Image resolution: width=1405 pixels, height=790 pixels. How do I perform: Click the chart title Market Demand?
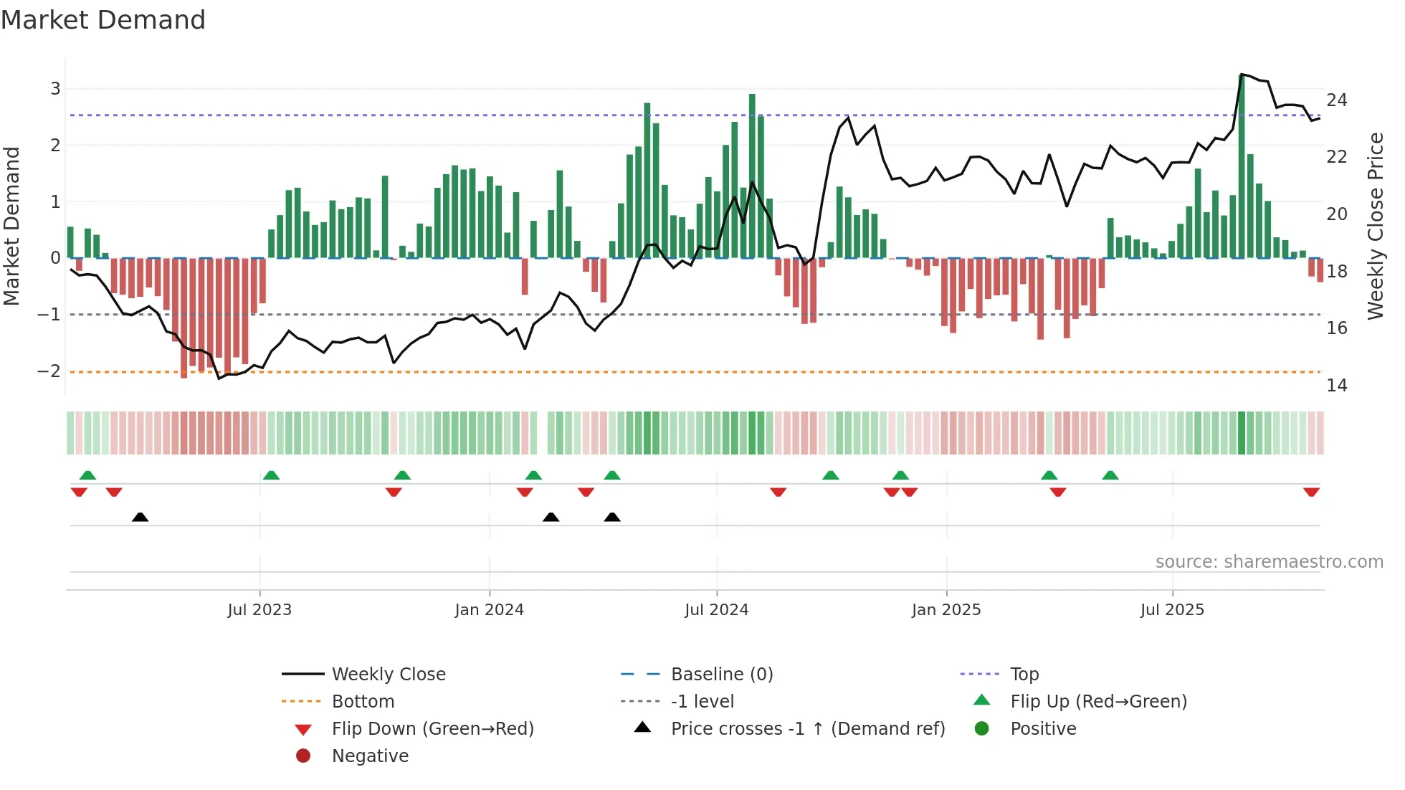pyautogui.click(x=103, y=20)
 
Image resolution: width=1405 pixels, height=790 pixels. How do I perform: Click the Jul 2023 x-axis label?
pyautogui.click(x=259, y=610)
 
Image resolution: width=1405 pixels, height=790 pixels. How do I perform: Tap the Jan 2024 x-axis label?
pyautogui.click(x=490, y=610)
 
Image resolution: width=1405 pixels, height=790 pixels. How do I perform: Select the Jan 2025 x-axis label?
pyautogui.click(x=946, y=610)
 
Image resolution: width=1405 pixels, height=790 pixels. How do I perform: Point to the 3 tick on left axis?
pyautogui.click(x=55, y=89)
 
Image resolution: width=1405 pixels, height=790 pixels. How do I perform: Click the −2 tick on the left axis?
pyautogui.click(x=49, y=371)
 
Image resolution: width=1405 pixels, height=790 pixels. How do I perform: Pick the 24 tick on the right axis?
pyautogui.click(x=1336, y=100)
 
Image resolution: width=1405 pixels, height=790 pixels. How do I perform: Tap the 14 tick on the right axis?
pyautogui.click(x=1336, y=386)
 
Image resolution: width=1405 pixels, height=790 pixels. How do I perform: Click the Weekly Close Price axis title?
pyautogui.click(x=1375, y=226)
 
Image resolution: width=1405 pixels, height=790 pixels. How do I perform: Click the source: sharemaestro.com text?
pyautogui.click(x=1269, y=562)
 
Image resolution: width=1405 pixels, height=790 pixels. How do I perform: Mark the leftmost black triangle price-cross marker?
pyautogui.click(x=140, y=518)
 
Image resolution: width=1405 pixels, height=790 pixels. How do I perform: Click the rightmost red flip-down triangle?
pyautogui.click(x=1311, y=492)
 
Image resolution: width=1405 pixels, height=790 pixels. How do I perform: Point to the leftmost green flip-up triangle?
pyautogui.click(x=87, y=475)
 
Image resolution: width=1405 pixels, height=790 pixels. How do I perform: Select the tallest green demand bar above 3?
pyautogui.click(x=1242, y=165)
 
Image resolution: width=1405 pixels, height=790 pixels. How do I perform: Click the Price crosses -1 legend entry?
pyautogui.click(x=807, y=729)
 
